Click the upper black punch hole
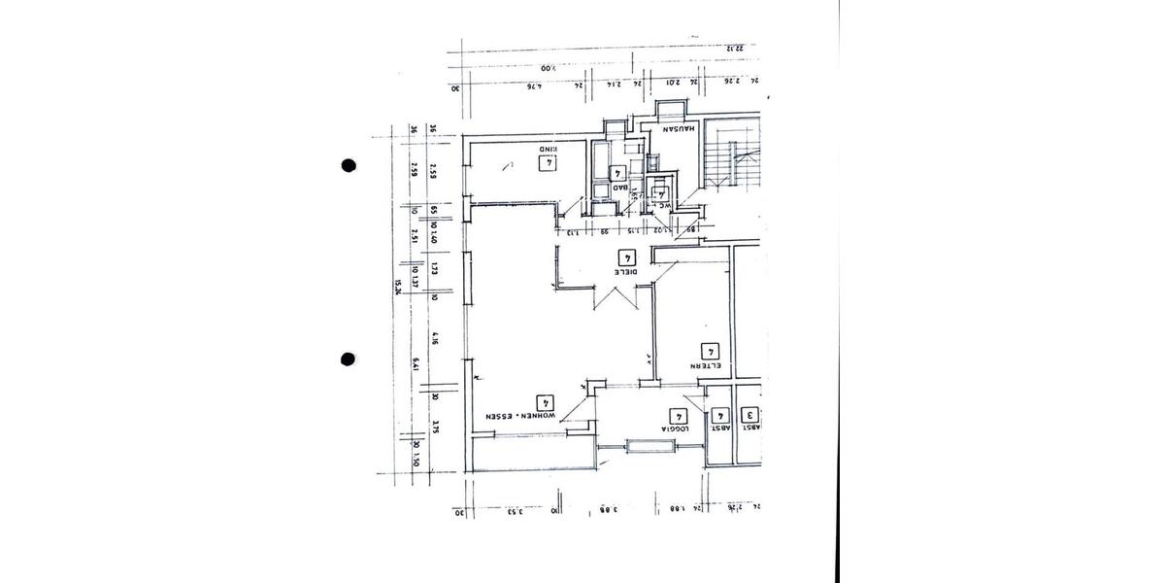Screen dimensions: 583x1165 pos(349,165)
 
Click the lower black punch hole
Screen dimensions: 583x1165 pos(349,360)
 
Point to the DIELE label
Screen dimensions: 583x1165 pos(624,273)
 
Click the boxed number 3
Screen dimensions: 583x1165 pos(751,415)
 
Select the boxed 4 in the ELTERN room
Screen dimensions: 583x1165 pos(710,351)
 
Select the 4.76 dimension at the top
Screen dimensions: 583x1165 pos(533,86)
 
